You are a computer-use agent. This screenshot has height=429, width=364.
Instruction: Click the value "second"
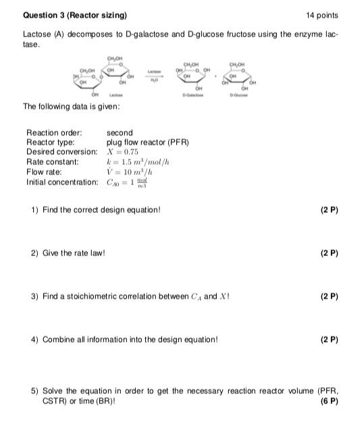pyautogui.click(x=120, y=133)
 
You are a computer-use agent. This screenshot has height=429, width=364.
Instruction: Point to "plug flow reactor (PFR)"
pyautogui.click(x=147, y=143)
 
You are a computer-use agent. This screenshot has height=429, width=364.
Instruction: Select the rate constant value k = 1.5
pyautogui.click(x=140, y=162)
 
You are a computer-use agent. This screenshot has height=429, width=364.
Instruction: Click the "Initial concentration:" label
pyautogui.click(x=61, y=182)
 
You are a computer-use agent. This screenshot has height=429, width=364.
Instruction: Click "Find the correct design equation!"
pyautogui.click(x=101, y=210)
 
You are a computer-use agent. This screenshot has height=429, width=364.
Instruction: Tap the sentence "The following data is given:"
pyautogui.click(x=72, y=107)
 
